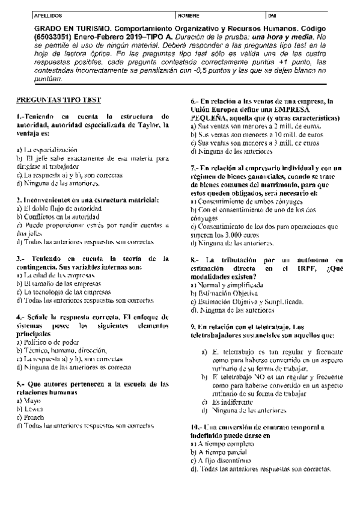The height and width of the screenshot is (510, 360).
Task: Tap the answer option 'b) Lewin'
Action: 29,408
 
